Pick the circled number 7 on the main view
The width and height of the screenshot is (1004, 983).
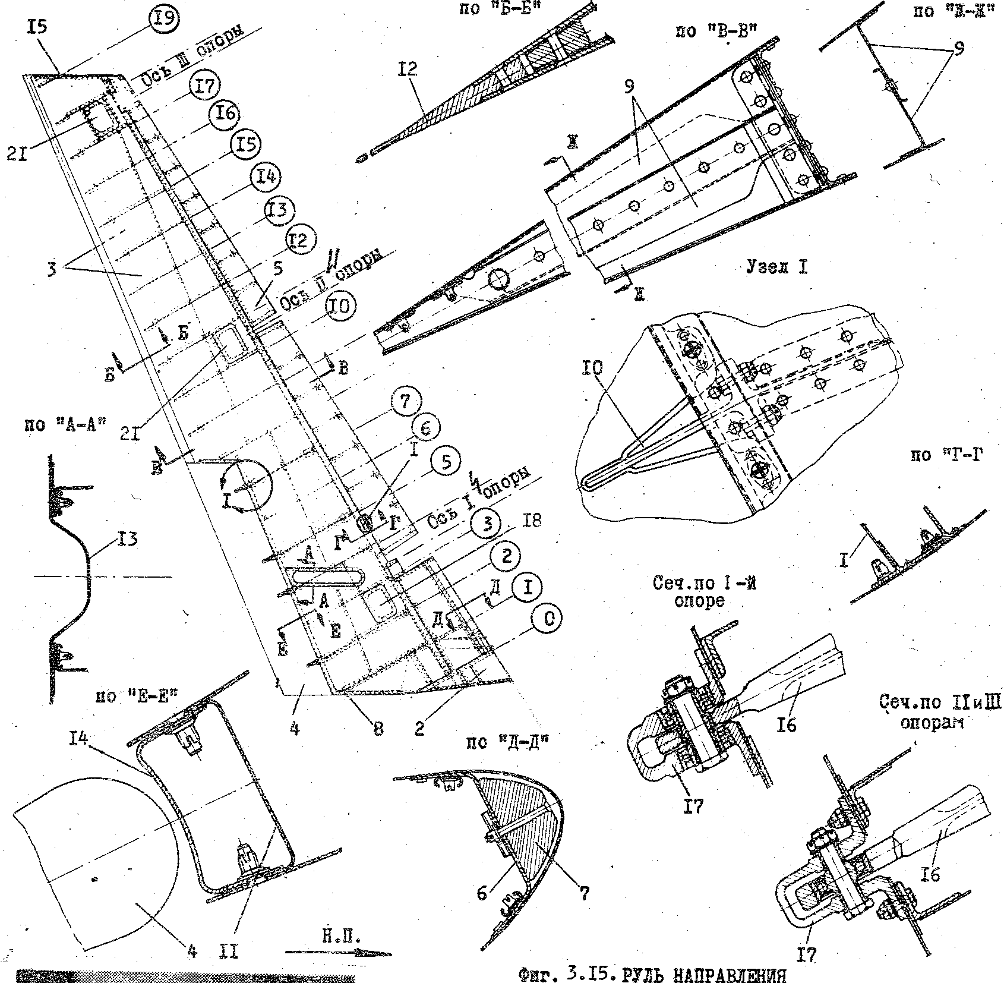tap(405, 402)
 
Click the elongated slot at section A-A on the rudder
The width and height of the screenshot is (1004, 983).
tap(324, 577)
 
